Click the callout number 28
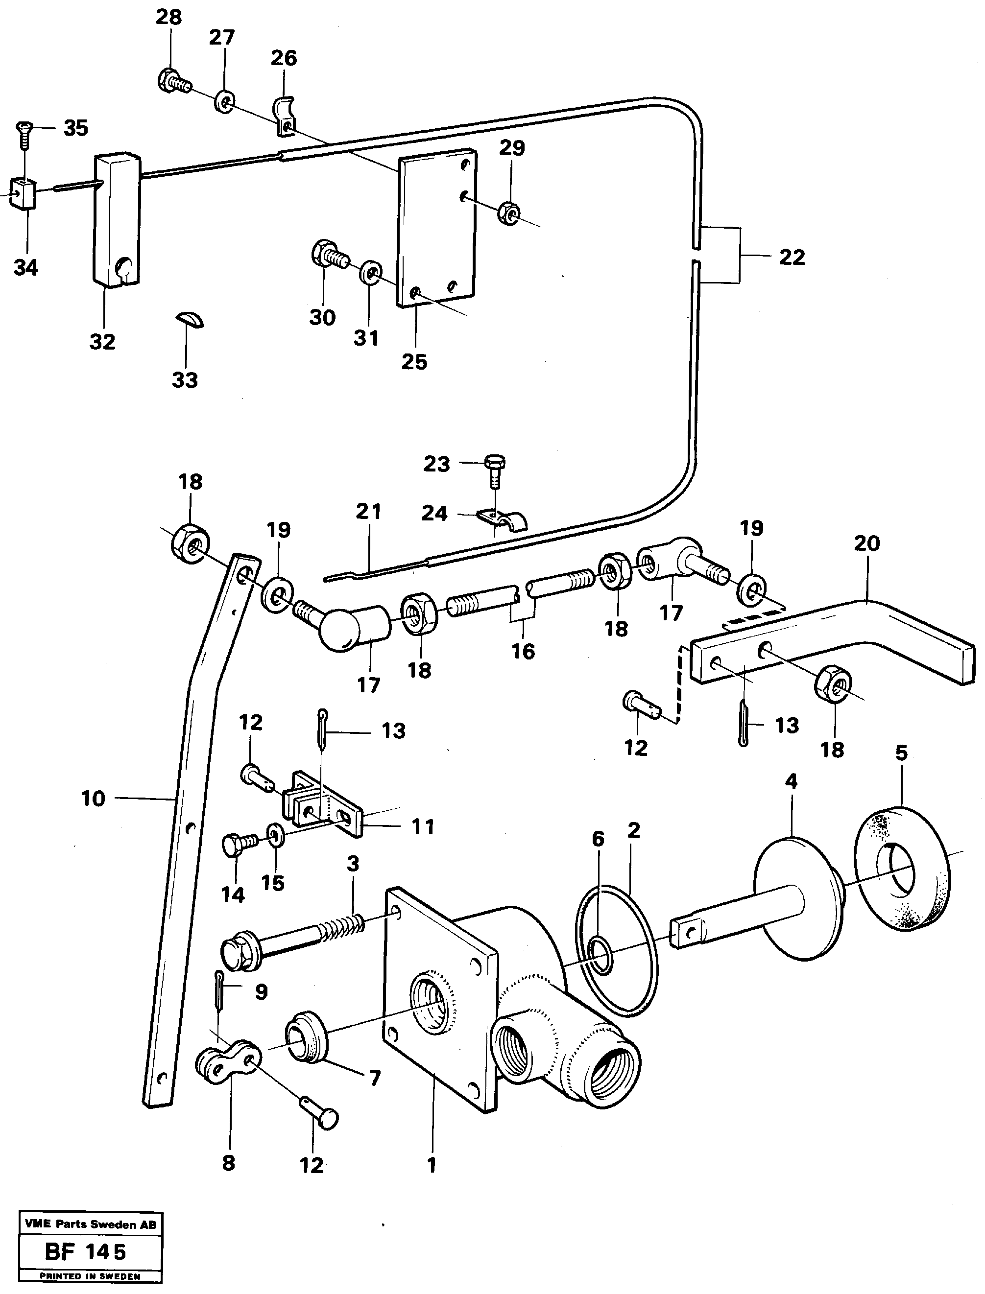[x=168, y=17]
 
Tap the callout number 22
[x=792, y=257]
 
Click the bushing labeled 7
[x=307, y=1036]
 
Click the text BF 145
[x=86, y=1253]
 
